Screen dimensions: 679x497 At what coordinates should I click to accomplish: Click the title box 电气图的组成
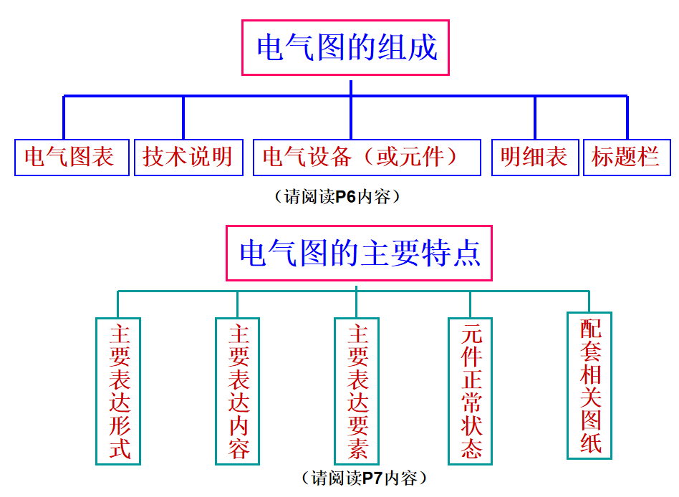[345, 47]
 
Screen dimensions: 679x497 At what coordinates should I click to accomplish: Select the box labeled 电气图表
[72, 157]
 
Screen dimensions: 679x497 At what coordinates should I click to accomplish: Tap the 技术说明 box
[188, 157]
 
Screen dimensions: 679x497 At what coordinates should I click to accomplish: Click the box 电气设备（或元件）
[367, 157]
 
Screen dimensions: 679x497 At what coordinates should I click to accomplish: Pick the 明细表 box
[535, 157]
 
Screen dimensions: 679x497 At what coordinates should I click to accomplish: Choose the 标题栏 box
[627, 157]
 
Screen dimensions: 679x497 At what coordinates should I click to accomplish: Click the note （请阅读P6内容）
[337, 197]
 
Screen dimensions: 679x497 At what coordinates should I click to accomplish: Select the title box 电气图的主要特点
[359, 254]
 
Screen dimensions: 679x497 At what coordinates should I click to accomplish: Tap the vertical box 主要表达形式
[118, 391]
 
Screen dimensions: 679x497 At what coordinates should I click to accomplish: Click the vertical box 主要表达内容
[237, 391]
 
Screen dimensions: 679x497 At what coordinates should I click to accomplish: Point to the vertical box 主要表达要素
[357, 391]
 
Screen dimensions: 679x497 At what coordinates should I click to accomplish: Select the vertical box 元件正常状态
[471, 391]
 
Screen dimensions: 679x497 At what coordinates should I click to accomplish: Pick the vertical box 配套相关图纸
[589, 385]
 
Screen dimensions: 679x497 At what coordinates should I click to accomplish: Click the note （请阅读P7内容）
[364, 478]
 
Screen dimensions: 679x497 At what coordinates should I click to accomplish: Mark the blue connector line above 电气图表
[64, 117]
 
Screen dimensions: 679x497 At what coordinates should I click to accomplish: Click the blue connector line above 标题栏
[627, 117]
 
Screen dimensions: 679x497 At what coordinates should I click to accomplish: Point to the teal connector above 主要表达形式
[117, 304]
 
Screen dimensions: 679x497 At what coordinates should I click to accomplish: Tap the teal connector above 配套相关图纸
[589, 301]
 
